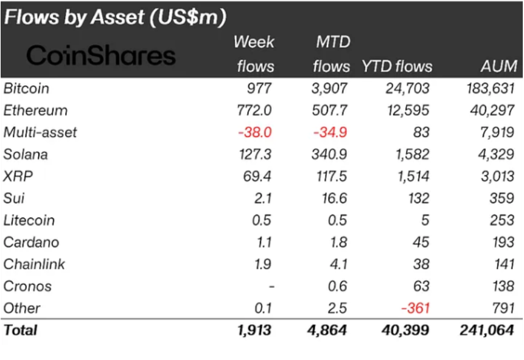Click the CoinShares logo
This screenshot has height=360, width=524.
click(x=101, y=55)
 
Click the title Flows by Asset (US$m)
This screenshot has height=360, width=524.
click(x=116, y=17)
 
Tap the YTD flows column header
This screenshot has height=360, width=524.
click(x=397, y=66)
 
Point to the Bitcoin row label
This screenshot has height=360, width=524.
click(x=26, y=88)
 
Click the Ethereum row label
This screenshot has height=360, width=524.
click(x=35, y=110)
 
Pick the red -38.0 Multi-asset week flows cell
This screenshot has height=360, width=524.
click(x=256, y=132)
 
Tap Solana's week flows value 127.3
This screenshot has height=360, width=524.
click(x=254, y=154)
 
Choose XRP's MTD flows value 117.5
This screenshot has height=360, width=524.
click(x=330, y=176)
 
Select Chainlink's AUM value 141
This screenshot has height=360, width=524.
click(x=503, y=264)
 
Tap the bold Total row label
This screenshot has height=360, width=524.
click(x=20, y=330)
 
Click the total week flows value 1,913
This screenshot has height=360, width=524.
click(x=254, y=330)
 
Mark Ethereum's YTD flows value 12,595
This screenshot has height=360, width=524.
click(x=407, y=110)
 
